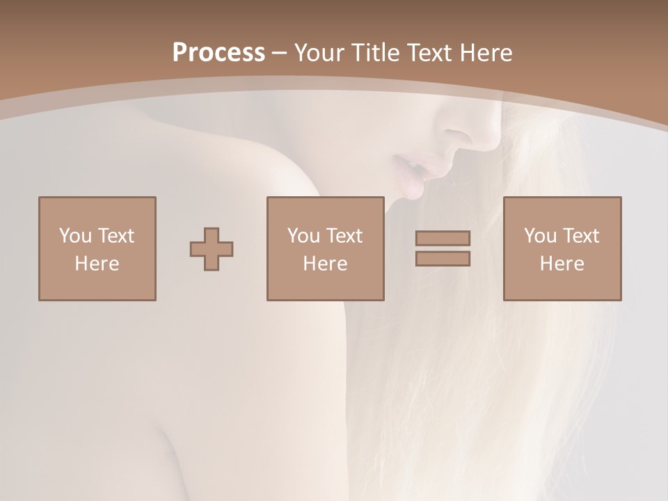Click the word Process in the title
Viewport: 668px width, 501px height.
click(x=218, y=52)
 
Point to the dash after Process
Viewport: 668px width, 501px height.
click(x=279, y=53)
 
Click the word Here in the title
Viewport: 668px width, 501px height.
click(x=487, y=52)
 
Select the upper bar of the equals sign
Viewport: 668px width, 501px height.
click(x=443, y=239)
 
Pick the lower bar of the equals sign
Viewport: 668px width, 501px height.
click(x=443, y=259)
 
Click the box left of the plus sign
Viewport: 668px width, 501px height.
click(x=97, y=248)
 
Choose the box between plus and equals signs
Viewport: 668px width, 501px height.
click(x=325, y=248)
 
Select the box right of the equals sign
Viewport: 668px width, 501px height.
click(x=562, y=248)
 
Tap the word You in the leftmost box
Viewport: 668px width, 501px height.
click(x=75, y=235)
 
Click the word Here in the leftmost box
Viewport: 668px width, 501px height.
click(x=97, y=264)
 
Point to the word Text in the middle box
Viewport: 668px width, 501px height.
click(x=344, y=235)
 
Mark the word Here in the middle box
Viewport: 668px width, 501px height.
click(x=325, y=264)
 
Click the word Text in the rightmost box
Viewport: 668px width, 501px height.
click(x=581, y=235)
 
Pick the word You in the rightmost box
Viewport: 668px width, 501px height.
click(x=540, y=235)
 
